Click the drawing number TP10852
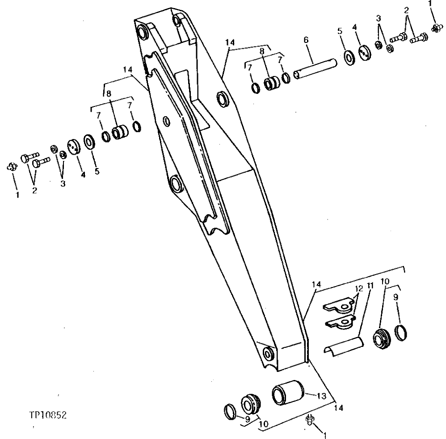point(47,415)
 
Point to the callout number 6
point(306,40)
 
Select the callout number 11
point(370,285)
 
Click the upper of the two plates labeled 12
point(340,307)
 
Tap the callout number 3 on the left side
point(63,183)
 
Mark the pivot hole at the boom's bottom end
point(268,354)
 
